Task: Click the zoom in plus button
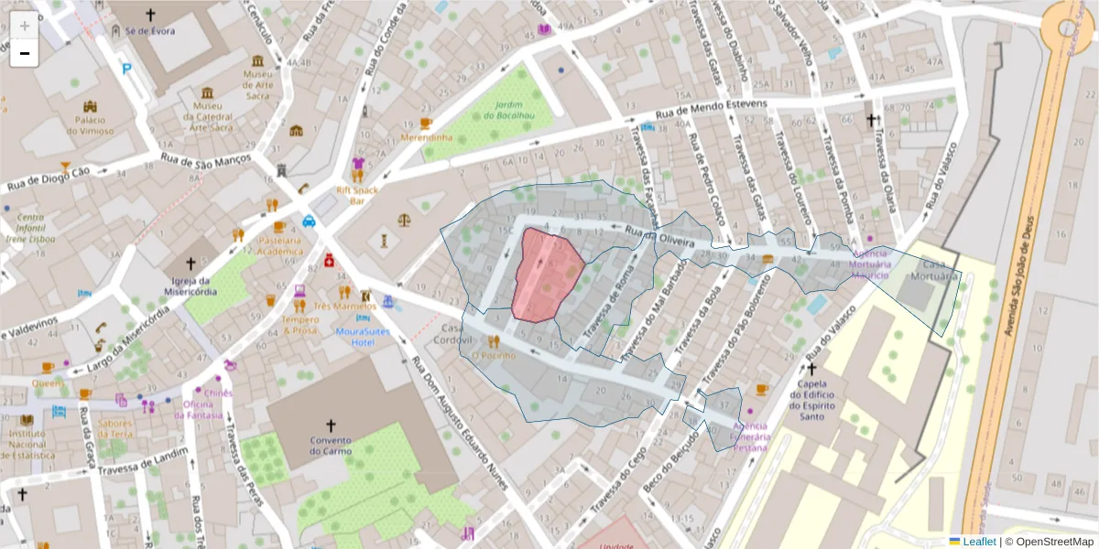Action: pos(24,26)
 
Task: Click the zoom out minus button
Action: pos(24,54)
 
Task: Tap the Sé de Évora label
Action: pos(150,30)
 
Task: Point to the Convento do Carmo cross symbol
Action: pos(331,425)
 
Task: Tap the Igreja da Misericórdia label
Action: pos(190,285)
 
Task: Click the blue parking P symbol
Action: pos(126,68)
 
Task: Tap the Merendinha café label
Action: pos(426,137)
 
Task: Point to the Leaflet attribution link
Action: pos(979,541)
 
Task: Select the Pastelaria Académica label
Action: pos(279,245)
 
